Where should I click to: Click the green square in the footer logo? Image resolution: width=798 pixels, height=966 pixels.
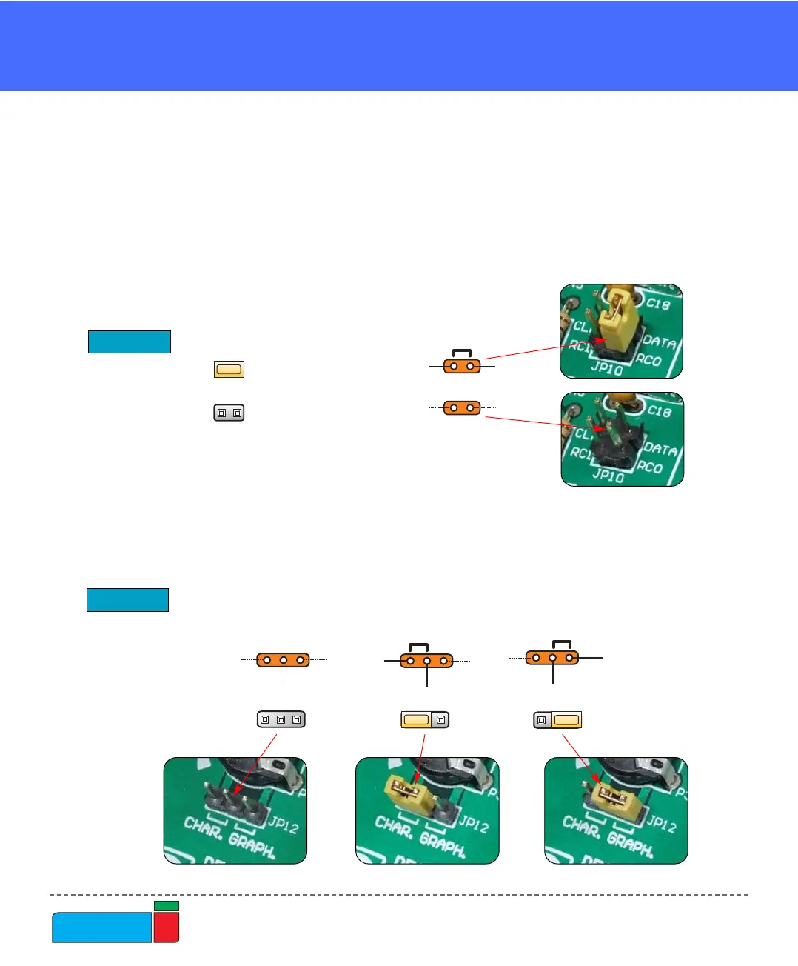167,906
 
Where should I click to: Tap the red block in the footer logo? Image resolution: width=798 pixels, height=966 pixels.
167,927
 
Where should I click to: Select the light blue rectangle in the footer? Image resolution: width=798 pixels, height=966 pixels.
101,927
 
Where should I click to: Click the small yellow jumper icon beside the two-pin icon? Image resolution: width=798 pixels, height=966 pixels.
229,369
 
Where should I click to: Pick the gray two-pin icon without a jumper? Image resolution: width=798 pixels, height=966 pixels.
229,413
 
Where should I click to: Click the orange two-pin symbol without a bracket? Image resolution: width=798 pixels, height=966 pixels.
462,407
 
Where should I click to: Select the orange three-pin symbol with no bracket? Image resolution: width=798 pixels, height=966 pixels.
283,659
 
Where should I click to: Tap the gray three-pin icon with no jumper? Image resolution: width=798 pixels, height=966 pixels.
281,719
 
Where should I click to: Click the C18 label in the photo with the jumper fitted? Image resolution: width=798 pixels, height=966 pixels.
657,304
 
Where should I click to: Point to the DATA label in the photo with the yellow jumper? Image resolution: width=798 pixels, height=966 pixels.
659,342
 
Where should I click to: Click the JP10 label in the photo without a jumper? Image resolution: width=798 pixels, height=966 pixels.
608,476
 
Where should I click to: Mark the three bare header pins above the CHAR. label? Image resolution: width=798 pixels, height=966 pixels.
235,802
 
